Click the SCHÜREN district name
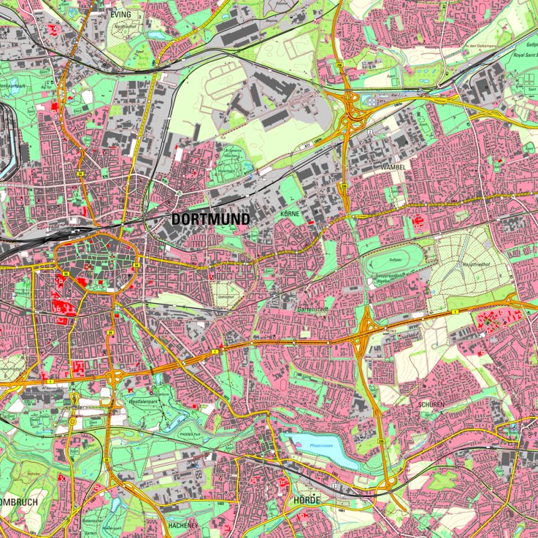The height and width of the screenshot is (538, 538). [x=431, y=404]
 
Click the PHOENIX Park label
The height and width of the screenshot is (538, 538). [x=194, y=433]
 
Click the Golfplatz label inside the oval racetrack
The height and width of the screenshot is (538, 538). [x=396, y=259]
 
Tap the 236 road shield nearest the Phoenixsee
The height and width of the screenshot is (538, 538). [x=381, y=442]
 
